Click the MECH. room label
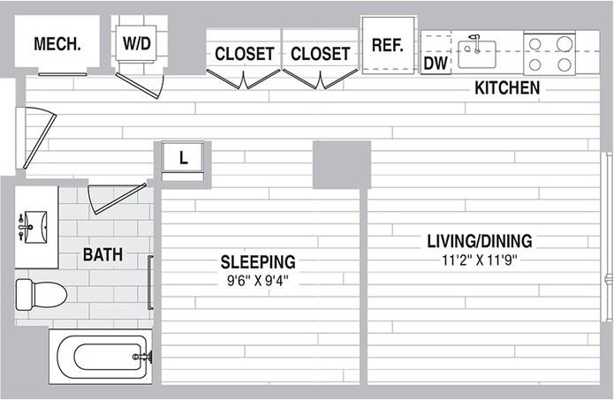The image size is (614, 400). point(57,44)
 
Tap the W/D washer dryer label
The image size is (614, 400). point(137,43)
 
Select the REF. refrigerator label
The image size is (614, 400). point(387,45)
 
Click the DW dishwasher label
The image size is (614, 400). point(436,64)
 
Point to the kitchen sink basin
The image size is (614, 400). point(477,55)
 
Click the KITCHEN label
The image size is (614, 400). point(507,87)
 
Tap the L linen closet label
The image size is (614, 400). point(183,158)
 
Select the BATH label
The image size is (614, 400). point(102,255)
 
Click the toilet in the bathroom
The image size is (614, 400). point(41,294)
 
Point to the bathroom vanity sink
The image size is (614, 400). point(34,227)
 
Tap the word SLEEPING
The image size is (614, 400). point(258,262)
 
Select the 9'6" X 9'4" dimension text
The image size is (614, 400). point(258,281)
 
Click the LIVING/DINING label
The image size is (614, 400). point(480,241)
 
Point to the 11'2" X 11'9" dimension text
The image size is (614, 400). point(480,260)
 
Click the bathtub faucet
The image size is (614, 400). point(143,357)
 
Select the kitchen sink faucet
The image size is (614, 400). point(476,43)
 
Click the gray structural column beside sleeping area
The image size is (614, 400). point(342,164)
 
